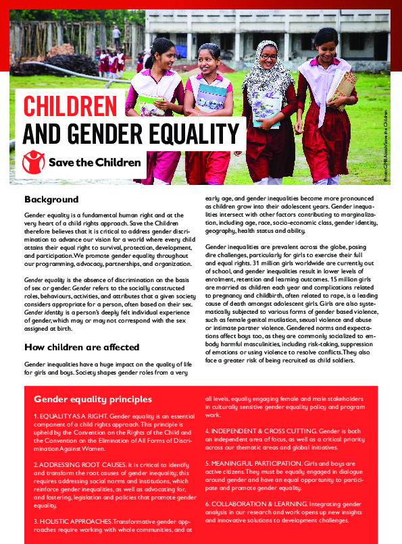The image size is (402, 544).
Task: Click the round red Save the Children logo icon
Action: pyautogui.click(x=32, y=162)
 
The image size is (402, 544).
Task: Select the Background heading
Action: pyautogui.click(x=51, y=200)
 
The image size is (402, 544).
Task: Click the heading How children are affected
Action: pyautogui.click(x=82, y=348)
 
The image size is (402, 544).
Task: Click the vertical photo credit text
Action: pyautogui.click(x=386, y=145)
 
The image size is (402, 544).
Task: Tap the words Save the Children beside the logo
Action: pyautogui.click(x=95, y=162)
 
